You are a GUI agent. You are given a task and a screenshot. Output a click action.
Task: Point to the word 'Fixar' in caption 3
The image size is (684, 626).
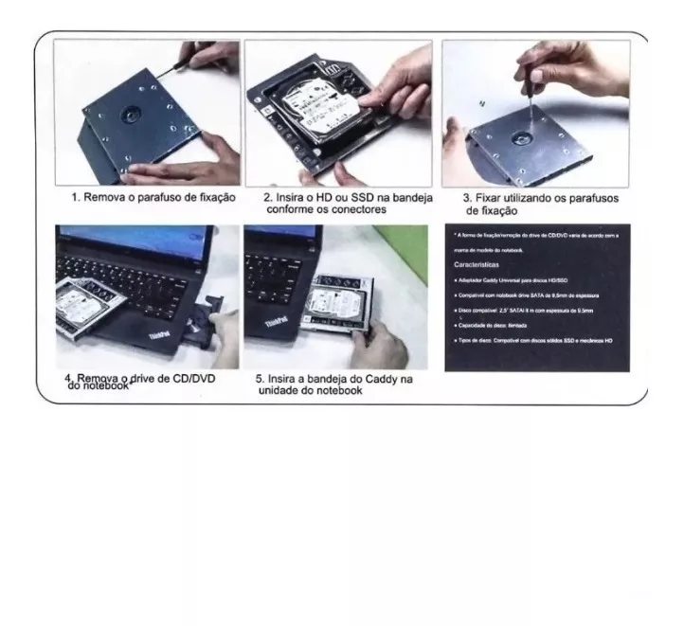491,198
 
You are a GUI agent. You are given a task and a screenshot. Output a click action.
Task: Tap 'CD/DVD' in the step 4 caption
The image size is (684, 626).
197,379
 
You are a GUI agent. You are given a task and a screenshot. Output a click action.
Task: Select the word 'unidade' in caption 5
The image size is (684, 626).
279,391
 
